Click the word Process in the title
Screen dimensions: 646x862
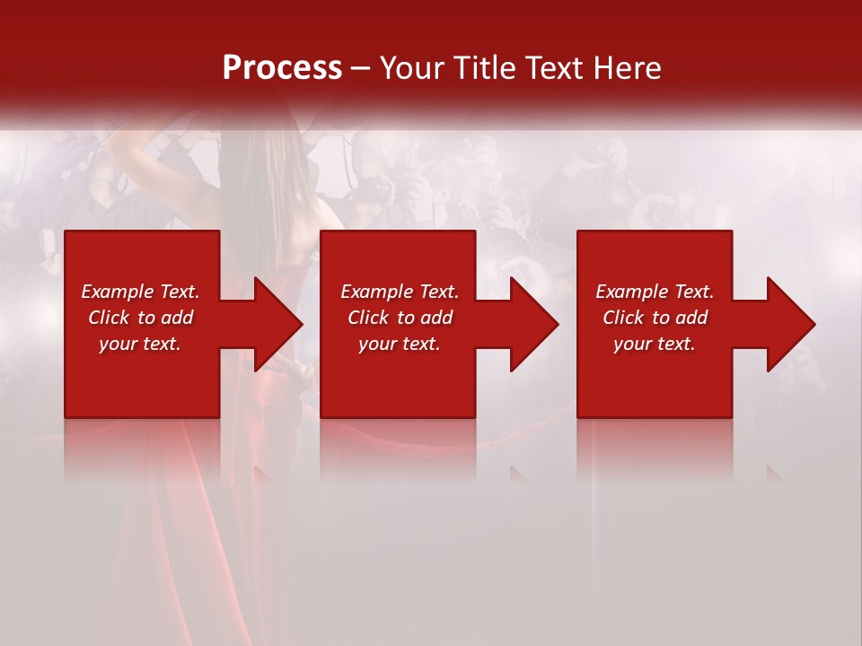282,68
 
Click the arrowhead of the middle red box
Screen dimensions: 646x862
533,324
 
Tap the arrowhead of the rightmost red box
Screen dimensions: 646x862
790,324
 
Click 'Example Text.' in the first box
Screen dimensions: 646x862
140,292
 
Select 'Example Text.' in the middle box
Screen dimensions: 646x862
400,292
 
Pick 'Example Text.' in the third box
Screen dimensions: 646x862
655,292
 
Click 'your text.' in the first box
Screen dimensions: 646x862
140,344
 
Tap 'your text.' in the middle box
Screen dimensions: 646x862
400,344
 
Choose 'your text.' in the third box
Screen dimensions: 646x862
655,344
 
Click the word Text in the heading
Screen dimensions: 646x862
556,68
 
